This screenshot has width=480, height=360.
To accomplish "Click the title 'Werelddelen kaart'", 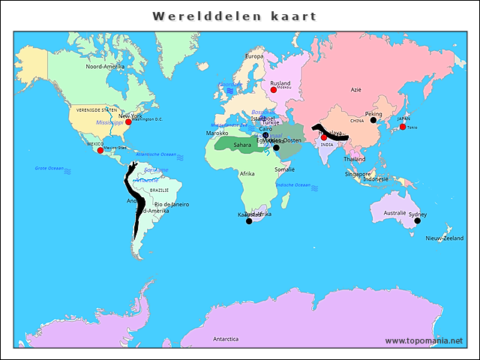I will pos(234,16).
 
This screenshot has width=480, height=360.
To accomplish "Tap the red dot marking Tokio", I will pos(403,127).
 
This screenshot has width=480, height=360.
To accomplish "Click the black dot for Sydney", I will pos(417,220).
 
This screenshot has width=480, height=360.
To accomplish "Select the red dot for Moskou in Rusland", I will pos(274,90).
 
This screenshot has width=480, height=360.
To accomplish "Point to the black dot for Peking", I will pos(373,120).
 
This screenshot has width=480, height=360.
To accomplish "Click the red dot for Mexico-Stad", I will pos(100,150).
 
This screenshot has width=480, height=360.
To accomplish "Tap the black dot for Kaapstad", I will pos(250,221).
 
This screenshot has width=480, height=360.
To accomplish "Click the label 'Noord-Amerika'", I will pos(105,67).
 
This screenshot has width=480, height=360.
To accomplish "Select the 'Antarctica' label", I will pos(225,339).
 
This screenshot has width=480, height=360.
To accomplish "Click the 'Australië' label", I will pos(394,213).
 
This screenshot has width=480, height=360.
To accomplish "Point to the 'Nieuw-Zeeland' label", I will pos(445,238).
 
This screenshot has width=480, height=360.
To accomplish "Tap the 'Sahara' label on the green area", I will pos(242,145).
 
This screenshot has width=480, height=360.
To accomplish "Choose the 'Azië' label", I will pos(356,89).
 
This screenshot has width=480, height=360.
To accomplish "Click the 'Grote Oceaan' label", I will pos(49,168).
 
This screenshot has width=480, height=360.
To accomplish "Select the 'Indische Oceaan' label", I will pos(292,184).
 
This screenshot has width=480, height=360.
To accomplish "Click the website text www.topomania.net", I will pos(424,340).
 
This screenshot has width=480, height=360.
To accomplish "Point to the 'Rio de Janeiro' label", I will pos(172,204).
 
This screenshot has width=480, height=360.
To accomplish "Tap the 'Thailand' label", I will pos(355,159).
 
